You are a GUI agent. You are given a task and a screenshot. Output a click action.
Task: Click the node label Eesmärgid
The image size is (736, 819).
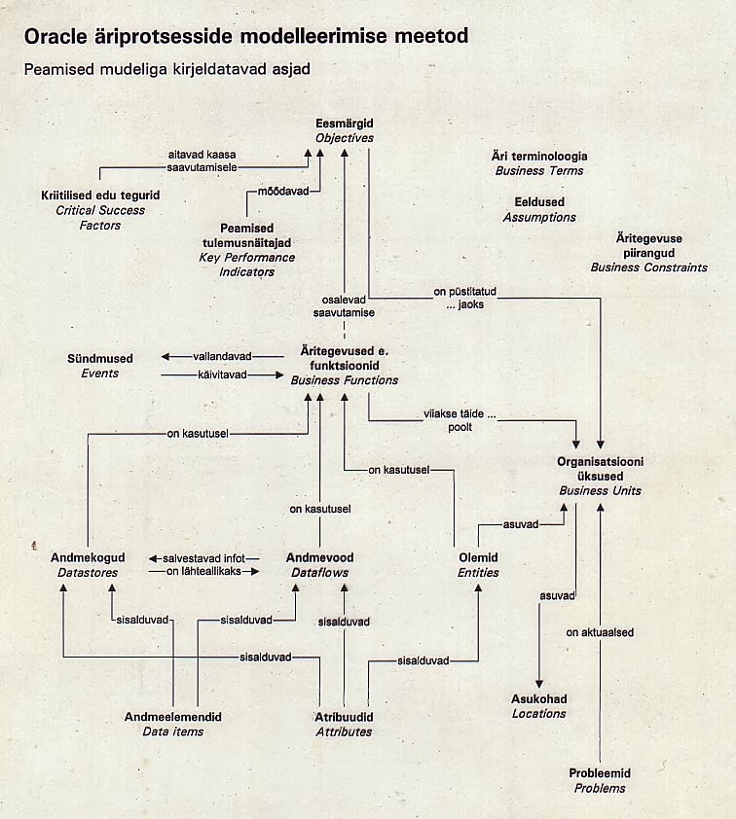pos(345,125)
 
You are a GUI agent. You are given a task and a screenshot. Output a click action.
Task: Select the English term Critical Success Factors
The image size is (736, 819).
pos(101,217)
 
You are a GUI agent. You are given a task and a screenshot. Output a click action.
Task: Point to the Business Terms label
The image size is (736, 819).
pos(539,170)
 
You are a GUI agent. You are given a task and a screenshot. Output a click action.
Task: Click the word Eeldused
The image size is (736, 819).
pos(539,202)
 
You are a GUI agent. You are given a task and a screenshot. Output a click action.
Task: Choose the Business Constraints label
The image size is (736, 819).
pos(648,267)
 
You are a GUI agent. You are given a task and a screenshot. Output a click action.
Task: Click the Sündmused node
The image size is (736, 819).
pos(100,359)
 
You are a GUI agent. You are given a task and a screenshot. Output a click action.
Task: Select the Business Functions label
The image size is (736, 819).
pos(345,380)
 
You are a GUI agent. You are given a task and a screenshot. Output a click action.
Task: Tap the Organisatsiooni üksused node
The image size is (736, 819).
pos(600,469)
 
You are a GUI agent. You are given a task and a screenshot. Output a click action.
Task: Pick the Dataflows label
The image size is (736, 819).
pos(319,573)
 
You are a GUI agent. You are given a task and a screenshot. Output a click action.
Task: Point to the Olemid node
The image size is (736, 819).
pos(478,557)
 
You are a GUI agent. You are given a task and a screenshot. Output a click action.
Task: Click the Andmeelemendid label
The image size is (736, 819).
pos(173,716)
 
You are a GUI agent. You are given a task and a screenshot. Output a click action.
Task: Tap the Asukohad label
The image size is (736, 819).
pos(538,698)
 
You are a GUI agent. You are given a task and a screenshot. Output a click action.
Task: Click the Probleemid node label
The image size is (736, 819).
pos(600,773)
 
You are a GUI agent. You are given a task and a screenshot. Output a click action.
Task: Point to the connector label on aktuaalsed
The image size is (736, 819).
pos(600,632)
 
